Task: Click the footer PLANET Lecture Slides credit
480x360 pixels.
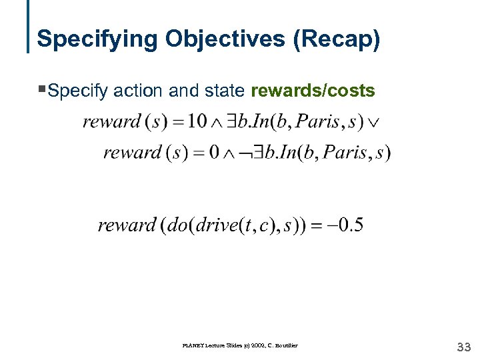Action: (x=240, y=345)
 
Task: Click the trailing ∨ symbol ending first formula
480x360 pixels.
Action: (x=375, y=123)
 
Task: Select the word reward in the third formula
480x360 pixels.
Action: (x=127, y=225)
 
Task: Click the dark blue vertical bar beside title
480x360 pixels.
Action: (x=29, y=27)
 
